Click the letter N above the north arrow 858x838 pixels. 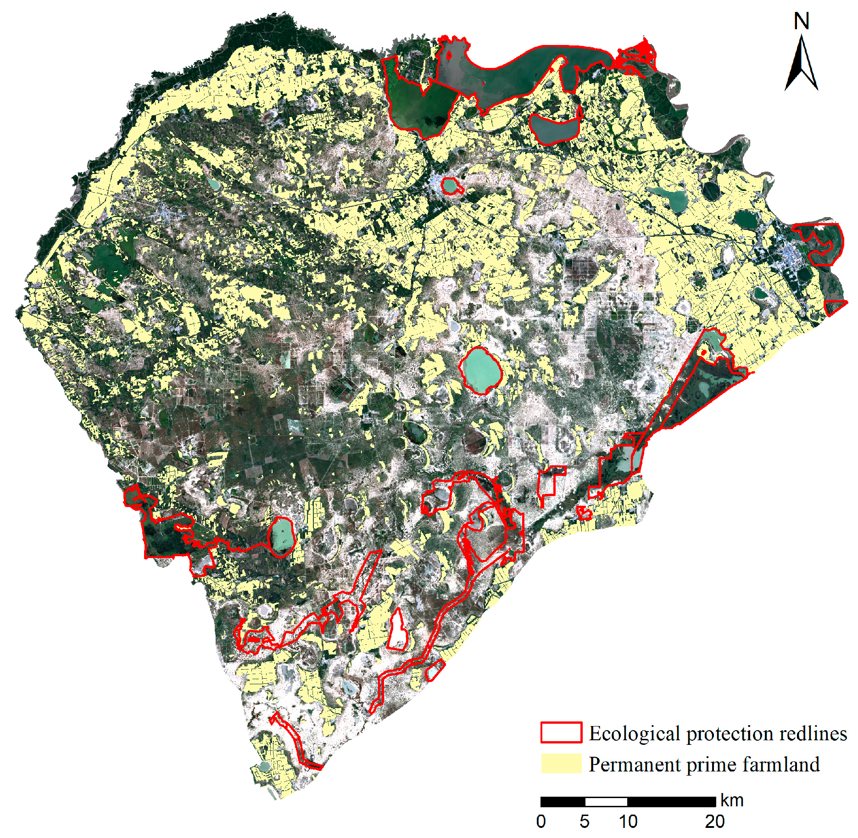[801, 22]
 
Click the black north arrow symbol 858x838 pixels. [801, 64]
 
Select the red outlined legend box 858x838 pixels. [561, 732]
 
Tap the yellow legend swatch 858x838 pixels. [561, 764]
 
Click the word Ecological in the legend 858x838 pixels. [635, 733]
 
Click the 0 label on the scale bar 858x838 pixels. [541, 821]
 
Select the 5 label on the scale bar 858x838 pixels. [584, 821]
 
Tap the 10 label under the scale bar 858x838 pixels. [628, 821]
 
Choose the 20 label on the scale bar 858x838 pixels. [715, 821]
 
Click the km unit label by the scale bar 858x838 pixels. [732, 800]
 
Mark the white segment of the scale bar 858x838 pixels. [606, 802]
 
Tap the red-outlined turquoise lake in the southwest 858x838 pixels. [281, 536]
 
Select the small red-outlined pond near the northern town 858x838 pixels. [449, 186]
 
